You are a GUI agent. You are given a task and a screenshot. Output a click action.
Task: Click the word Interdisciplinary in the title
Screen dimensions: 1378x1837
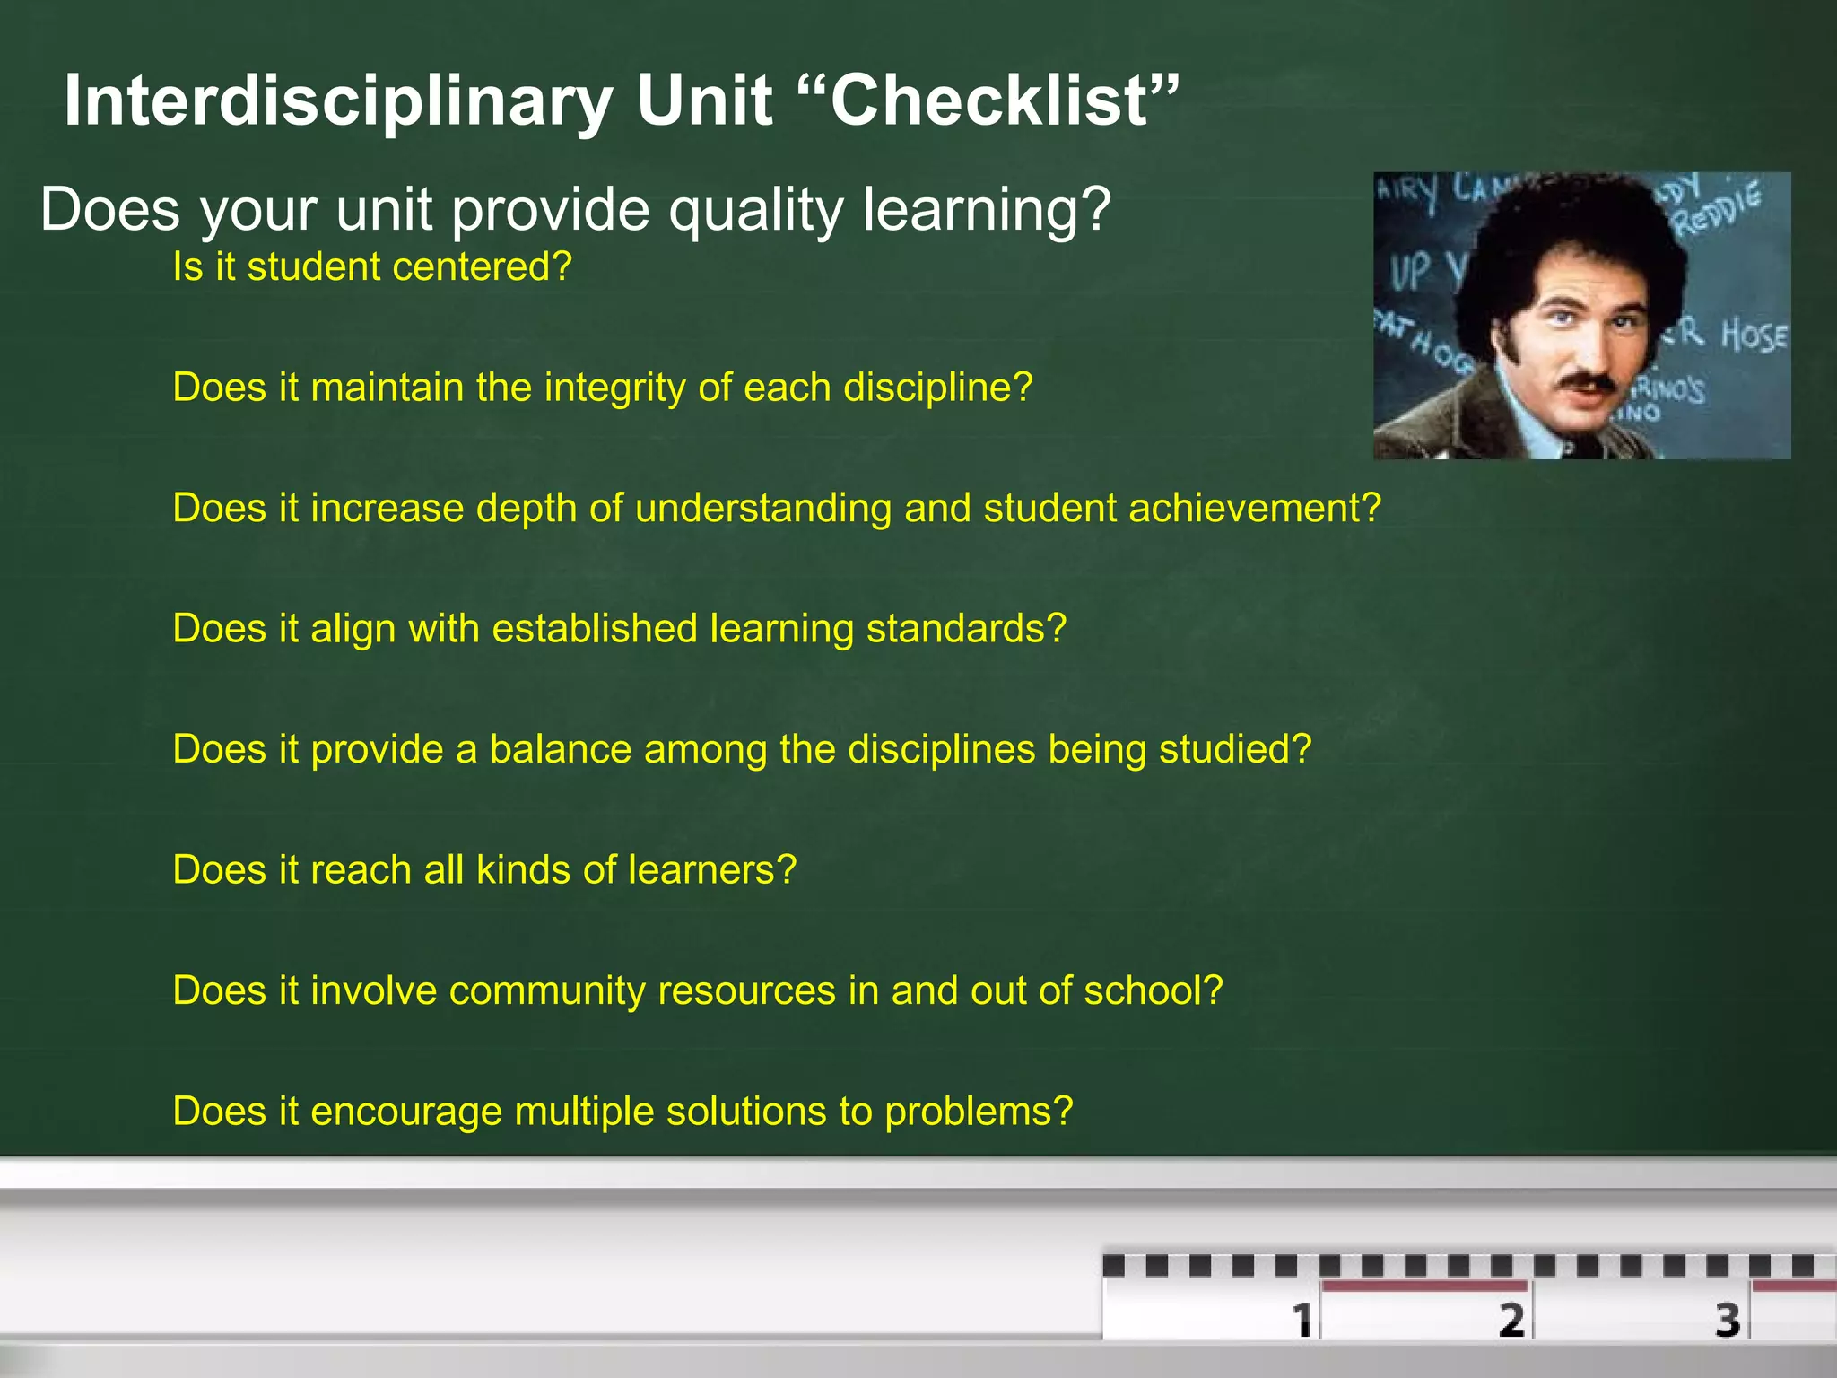337,100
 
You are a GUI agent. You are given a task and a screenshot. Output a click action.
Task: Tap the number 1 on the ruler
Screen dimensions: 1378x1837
1302,1320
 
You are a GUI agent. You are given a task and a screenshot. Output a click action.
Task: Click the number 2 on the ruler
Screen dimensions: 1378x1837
1511,1320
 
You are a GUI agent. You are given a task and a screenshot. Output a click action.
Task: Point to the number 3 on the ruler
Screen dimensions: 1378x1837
1728,1320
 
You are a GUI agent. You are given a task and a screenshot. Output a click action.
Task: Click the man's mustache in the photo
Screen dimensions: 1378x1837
1589,382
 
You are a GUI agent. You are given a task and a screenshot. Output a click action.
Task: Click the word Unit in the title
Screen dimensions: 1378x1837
704,100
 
